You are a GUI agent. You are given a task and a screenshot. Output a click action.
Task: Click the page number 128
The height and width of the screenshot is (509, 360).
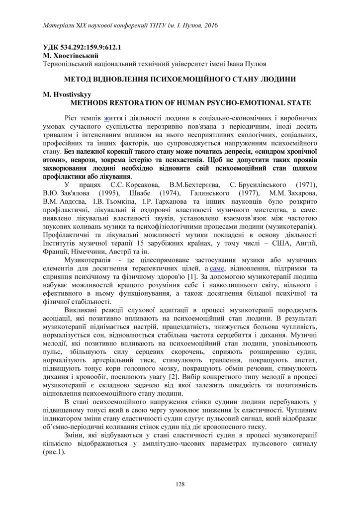180,484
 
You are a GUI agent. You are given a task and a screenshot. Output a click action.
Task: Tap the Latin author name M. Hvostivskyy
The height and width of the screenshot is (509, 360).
68,94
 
